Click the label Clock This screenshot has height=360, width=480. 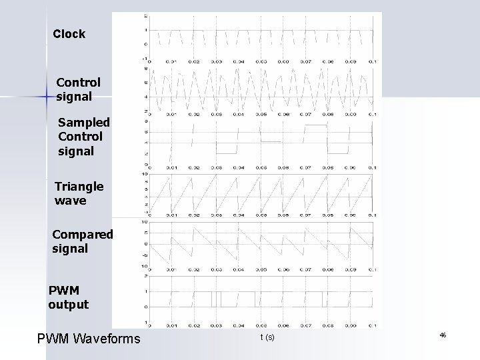(69, 34)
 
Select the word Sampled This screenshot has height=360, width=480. (80, 123)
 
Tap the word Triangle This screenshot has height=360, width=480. (79, 187)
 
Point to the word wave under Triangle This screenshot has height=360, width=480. (70, 200)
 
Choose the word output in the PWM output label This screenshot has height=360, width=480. (68, 305)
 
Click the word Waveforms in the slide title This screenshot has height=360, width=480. (107, 340)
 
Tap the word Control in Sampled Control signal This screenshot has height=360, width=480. (80, 137)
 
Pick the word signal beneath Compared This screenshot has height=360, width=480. (69, 249)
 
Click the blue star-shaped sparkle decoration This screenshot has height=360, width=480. (43, 97)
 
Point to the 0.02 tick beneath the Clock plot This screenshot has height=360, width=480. (193, 61)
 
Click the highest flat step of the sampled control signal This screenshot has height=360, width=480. (315, 125)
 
